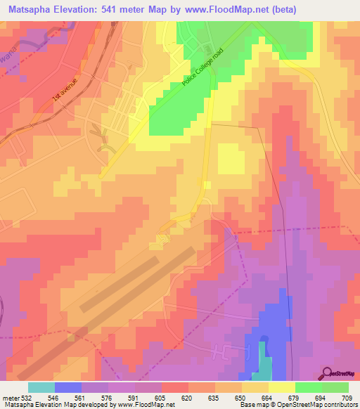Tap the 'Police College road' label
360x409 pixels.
(202, 67)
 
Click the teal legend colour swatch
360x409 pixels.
(41, 387)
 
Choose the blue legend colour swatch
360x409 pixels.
(68, 387)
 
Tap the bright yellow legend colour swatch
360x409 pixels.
(282, 387)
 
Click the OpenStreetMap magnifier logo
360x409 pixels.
(326, 372)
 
